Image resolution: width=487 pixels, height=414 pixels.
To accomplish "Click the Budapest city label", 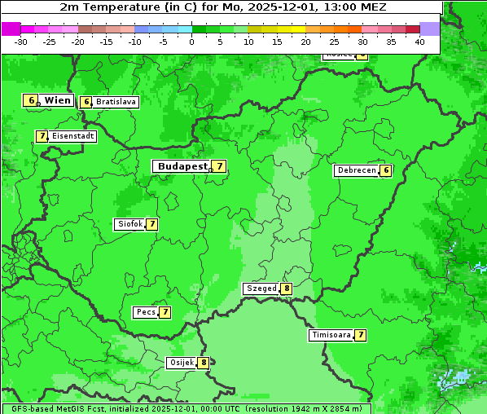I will pyautogui.click(x=182, y=166).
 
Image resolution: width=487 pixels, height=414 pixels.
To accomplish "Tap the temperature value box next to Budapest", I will pyautogui.click(x=219, y=166).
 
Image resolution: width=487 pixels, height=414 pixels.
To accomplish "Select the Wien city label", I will pyautogui.click(x=58, y=100).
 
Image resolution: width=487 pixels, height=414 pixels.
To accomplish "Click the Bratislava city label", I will pyautogui.click(x=116, y=102).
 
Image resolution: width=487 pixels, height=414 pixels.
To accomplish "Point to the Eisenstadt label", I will pyautogui.click(x=73, y=136).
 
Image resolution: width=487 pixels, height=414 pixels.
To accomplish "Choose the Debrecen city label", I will pyautogui.click(x=356, y=170).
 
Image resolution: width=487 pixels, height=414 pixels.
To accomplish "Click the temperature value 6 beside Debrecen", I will pyautogui.click(x=386, y=170).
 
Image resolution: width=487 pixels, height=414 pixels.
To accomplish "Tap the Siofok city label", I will pyautogui.click(x=129, y=224).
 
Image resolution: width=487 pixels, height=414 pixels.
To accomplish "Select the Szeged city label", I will pyautogui.click(x=261, y=288).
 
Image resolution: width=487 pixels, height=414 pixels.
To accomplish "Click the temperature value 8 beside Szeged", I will pyautogui.click(x=286, y=288).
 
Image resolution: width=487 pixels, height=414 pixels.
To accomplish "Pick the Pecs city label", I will pyautogui.click(x=146, y=312).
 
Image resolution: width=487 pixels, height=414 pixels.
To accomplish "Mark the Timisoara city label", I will pyautogui.click(x=331, y=335).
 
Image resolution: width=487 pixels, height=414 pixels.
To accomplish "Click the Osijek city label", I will pyautogui.click(x=181, y=363).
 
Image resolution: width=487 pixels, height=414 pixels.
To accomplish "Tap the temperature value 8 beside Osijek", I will pyautogui.click(x=204, y=363).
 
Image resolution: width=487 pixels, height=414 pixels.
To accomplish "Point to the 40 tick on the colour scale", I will pyautogui.click(x=419, y=41).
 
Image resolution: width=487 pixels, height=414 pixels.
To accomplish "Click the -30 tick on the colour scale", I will pyautogui.click(x=21, y=41).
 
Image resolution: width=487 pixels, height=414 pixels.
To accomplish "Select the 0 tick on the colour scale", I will pyautogui.click(x=192, y=41).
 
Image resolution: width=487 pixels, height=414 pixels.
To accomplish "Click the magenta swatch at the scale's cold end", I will pyautogui.click(x=11, y=29).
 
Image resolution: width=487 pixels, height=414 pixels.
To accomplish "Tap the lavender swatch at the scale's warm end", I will pyautogui.click(x=430, y=29).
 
